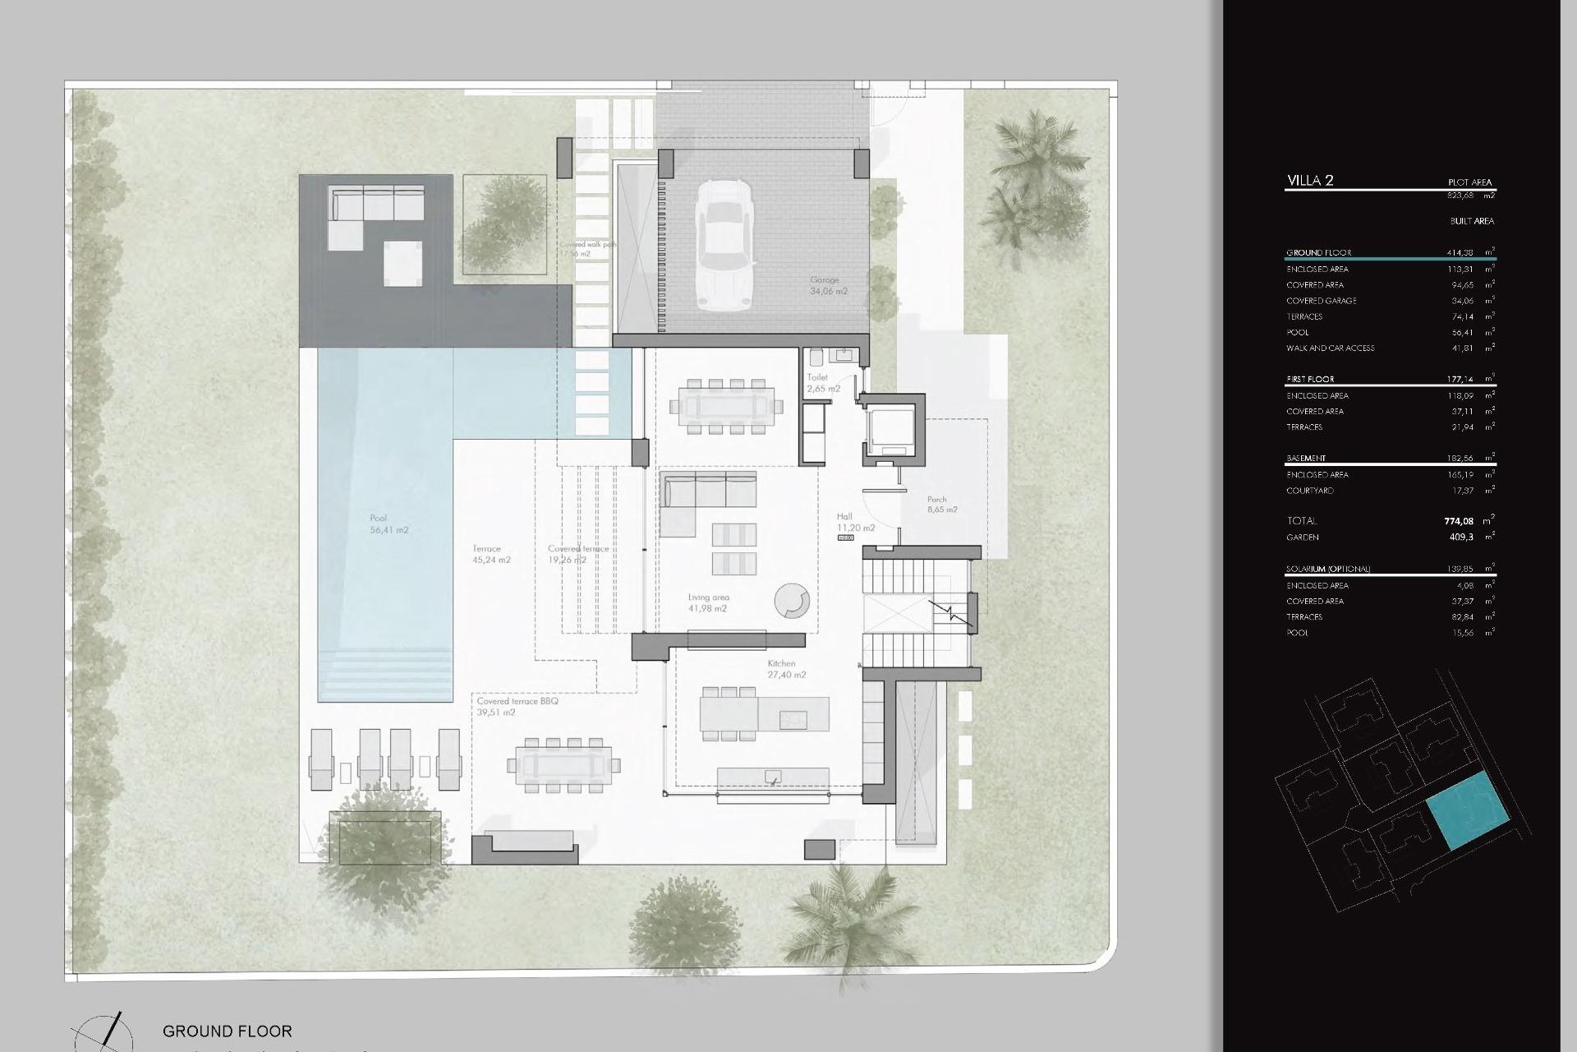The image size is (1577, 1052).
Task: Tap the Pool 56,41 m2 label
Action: (x=389, y=524)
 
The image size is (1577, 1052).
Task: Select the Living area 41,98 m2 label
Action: (x=708, y=603)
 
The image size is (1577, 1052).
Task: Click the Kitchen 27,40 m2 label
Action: (x=784, y=669)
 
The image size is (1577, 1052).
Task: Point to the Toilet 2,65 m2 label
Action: (x=822, y=383)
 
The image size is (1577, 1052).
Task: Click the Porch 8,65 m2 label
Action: (x=941, y=505)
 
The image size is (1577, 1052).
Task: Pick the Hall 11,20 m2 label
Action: (x=855, y=523)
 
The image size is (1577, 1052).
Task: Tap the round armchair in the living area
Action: (x=792, y=600)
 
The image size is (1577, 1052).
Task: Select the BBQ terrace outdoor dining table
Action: (x=564, y=765)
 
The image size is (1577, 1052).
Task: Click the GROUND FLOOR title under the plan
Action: (x=227, y=1031)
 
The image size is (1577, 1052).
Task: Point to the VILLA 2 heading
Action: (x=1310, y=181)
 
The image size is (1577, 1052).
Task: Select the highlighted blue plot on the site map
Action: (x=1468, y=810)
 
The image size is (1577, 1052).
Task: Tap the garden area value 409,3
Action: (x=1461, y=538)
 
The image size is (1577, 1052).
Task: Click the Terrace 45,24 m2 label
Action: (x=491, y=554)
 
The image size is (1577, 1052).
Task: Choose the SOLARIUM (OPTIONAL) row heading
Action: (x=1328, y=569)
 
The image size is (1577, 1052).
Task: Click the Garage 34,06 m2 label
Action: (x=828, y=285)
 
